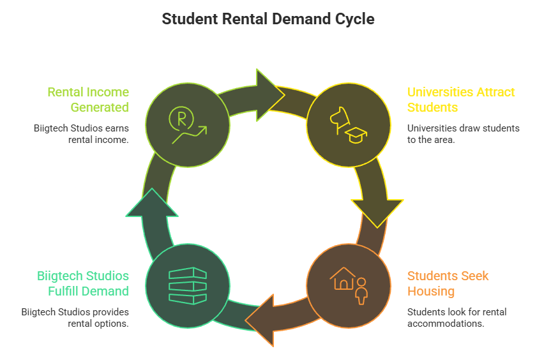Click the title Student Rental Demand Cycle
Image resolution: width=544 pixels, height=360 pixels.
tap(268, 19)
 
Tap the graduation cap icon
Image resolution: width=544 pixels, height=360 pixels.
tap(356, 135)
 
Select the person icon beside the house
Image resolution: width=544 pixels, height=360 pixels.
tap(361, 290)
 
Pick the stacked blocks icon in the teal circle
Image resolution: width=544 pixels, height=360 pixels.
tap(188, 285)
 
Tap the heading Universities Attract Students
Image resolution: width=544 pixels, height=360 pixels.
tap(460, 100)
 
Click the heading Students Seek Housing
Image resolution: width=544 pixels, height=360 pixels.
tap(448, 283)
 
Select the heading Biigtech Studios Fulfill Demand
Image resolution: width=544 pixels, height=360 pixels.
tap(83, 283)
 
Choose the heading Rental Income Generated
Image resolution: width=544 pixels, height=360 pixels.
tap(88, 100)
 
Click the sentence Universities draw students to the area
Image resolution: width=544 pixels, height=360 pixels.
tap(463, 133)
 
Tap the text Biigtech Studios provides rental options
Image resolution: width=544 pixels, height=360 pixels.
tap(75, 317)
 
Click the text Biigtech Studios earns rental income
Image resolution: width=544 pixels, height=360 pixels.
tap(81, 133)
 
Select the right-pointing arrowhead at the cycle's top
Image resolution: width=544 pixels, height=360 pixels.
tap(268, 89)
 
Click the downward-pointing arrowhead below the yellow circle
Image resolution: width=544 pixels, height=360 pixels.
tap(377, 211)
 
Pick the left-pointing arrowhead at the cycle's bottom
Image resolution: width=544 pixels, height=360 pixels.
tap(261, 319)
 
